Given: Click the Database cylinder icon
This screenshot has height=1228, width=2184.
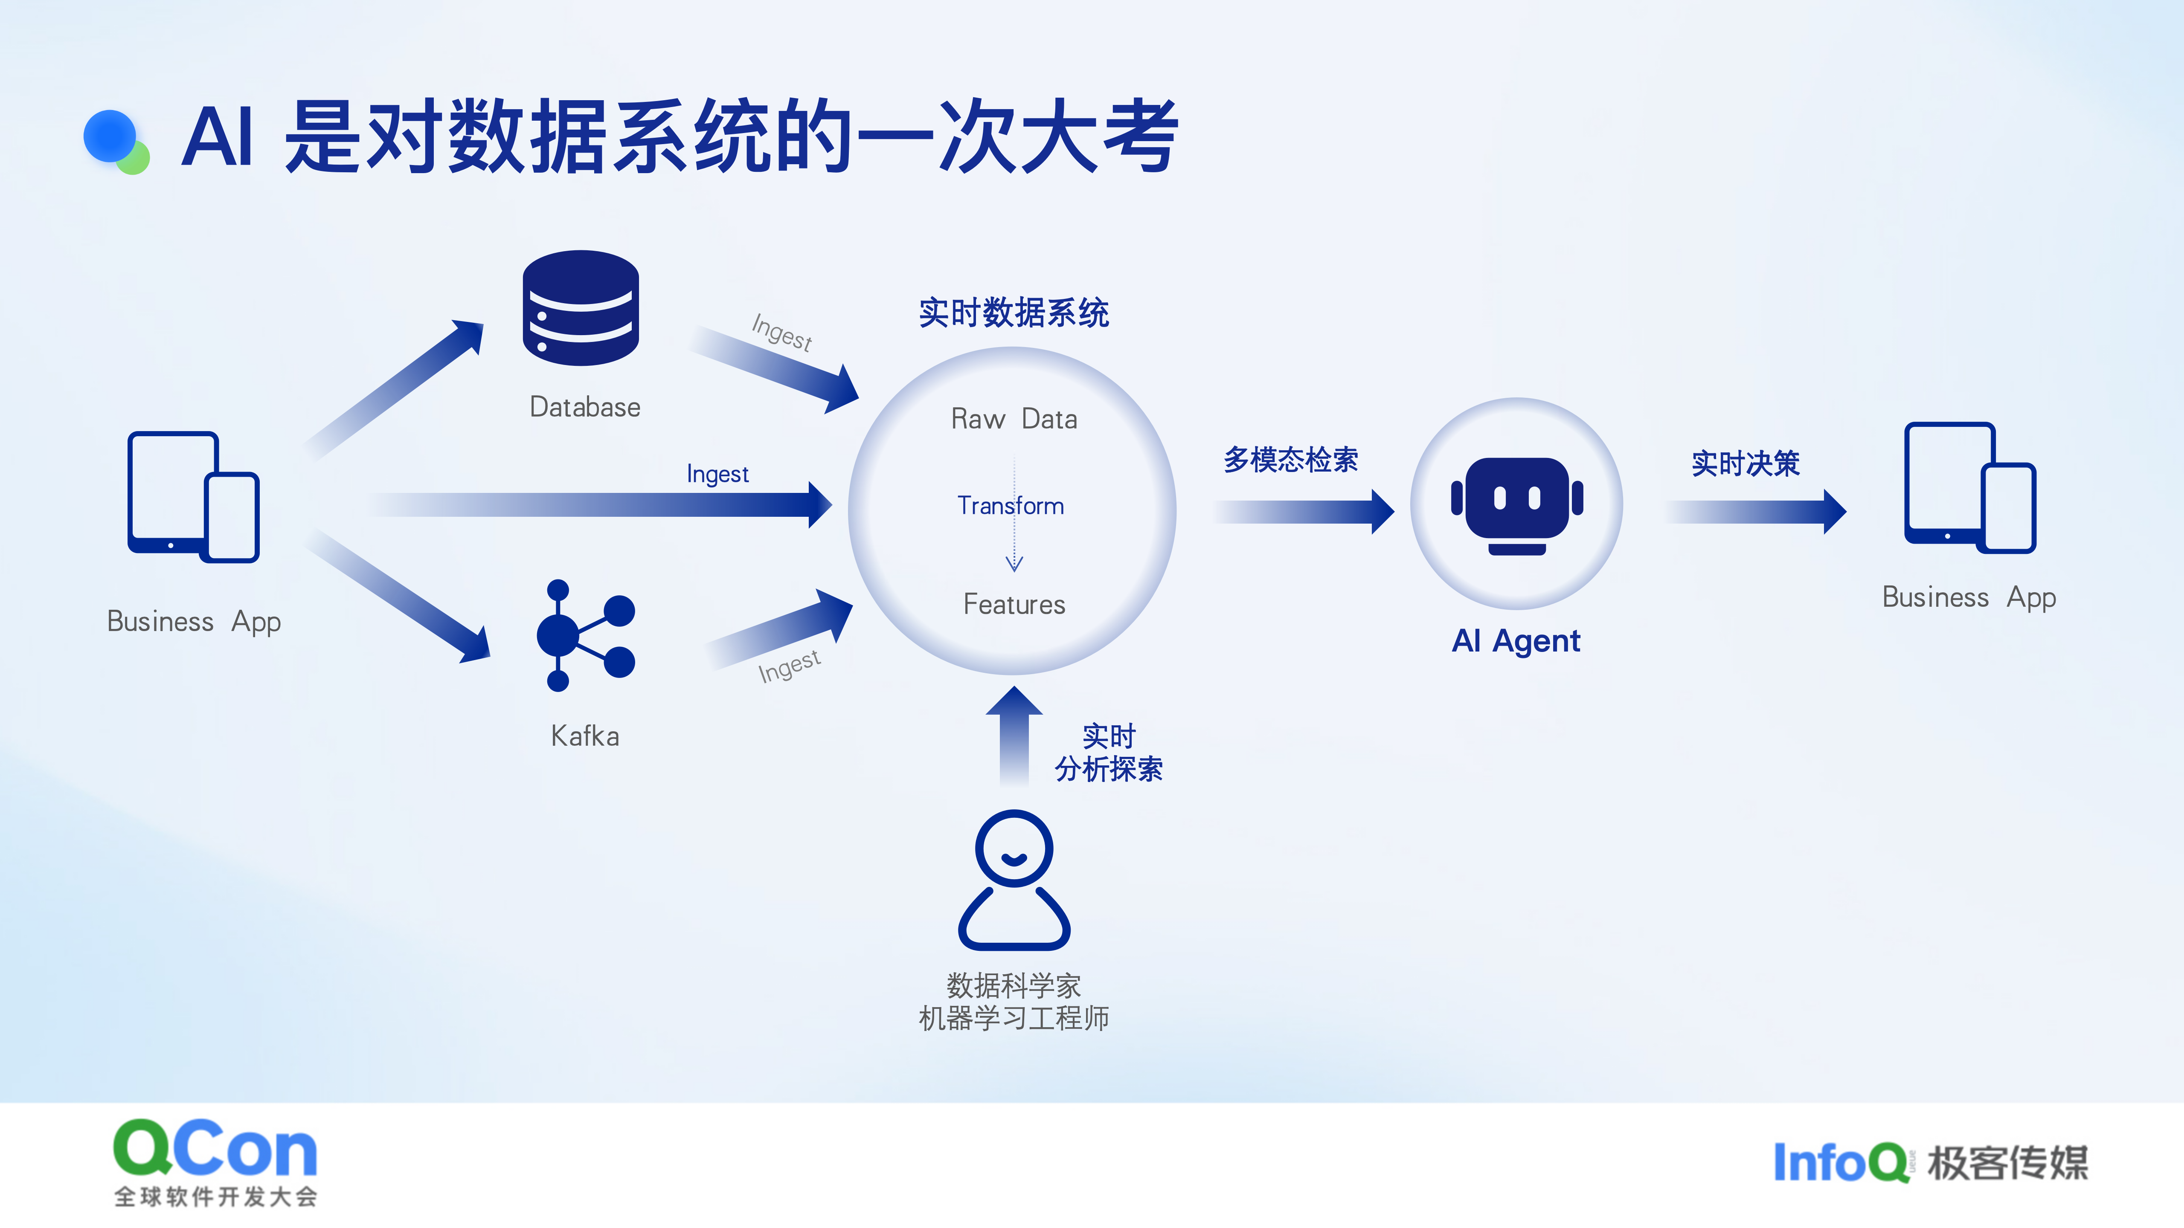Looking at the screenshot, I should tap(581, 307).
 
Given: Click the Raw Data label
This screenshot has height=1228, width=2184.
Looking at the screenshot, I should tap(1014, 419).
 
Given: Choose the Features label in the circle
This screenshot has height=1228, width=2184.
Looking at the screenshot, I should tap(1014, 604).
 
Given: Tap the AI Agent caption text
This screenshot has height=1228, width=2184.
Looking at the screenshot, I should tap(1516, 641).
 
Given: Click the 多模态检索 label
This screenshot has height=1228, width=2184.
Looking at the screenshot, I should tap(1290, 459).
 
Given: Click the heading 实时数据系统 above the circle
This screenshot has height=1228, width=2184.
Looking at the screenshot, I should tap(1014, 313).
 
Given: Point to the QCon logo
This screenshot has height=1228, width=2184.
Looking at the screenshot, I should tap(215, 1161).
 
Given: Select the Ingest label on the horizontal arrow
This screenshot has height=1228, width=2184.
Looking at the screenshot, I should tap(717, 474).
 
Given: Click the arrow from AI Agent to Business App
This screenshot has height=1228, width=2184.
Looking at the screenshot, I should tap(1755, 511).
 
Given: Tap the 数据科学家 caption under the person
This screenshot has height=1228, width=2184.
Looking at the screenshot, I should tap(1014, 986).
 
